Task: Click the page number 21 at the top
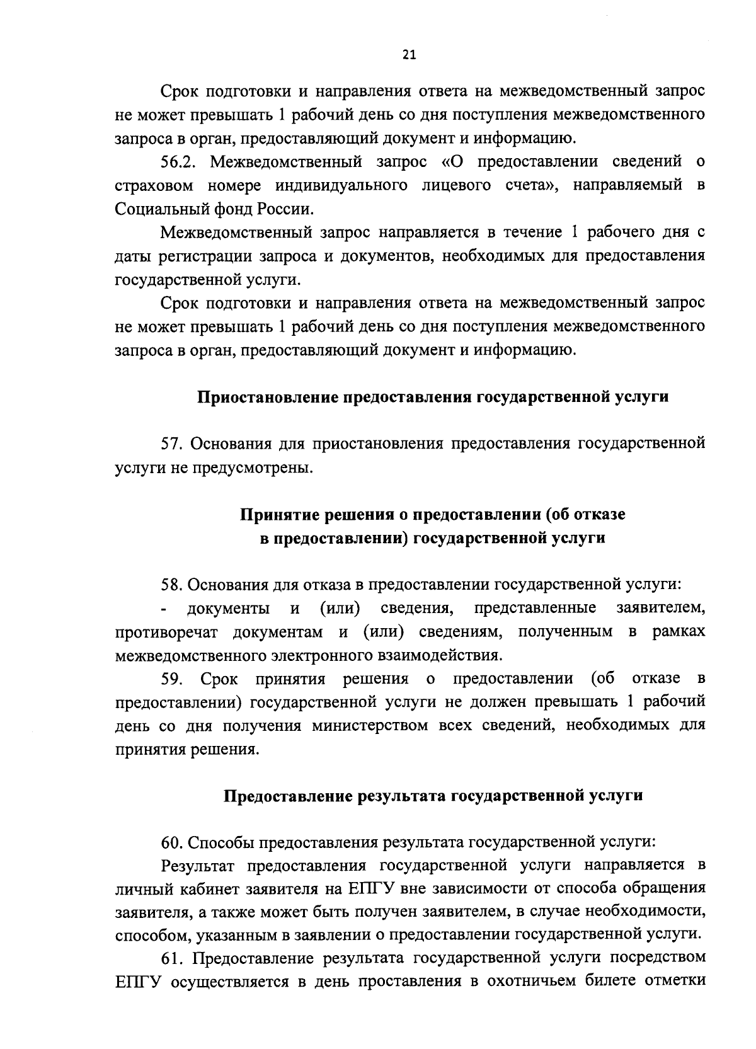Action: (x=408, y=55)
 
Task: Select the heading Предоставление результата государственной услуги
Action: (x=433, y=796)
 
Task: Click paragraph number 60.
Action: (x=171, y=842)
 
